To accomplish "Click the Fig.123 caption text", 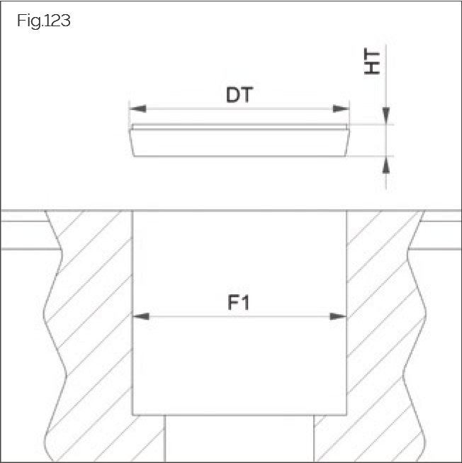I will click(43, 21).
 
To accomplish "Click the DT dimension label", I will click(240, 95).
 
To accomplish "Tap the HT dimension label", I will click(371, 62).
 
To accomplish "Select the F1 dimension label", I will click(240, 303).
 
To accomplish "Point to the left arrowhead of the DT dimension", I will click(137, 108).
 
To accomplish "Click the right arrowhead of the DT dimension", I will click(342, 108).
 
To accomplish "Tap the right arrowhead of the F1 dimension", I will click(339, 316).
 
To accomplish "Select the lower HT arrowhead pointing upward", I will click(386, 164).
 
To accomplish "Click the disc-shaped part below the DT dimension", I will click(240, 142).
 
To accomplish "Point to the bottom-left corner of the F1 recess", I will click(133, 415).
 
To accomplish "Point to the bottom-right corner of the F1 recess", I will click(346, 415).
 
